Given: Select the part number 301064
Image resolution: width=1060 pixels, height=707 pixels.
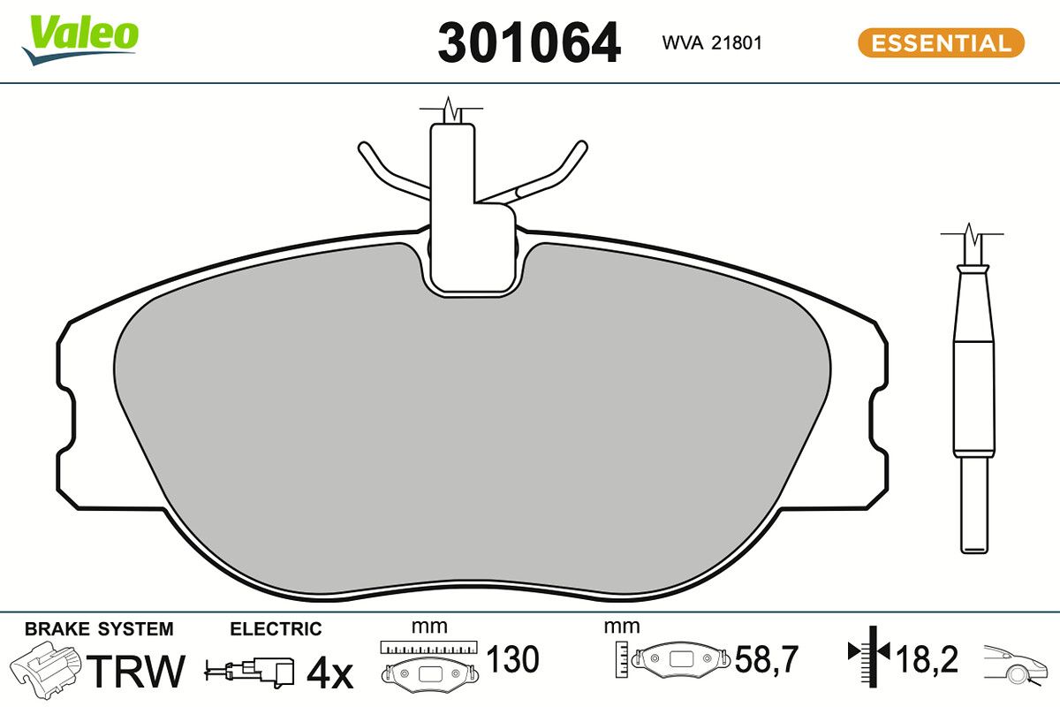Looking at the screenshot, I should (x=529, y=43).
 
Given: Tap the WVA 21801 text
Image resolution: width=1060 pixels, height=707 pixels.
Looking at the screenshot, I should (x=712, y=43).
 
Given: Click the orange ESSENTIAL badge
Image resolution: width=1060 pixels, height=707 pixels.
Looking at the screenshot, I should (x=941, y=43).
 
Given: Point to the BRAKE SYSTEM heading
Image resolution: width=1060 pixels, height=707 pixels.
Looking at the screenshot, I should (x=99, y=629).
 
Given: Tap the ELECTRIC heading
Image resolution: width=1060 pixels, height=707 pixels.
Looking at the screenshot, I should (x=276, y=629).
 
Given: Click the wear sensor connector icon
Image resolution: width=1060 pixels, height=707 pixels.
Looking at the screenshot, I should (x=251, y=672).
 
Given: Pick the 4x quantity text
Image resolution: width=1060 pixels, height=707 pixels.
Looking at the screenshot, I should (x=329, y=673).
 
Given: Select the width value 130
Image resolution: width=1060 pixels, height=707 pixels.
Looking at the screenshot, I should (x=512, y=659).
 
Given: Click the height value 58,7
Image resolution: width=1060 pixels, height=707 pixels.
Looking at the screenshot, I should (x=767, y=659).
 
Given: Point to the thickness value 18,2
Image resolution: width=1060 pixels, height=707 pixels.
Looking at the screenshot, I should (x=927, y=659).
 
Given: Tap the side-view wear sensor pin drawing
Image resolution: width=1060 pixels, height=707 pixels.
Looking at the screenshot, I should (x=973, y=398).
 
